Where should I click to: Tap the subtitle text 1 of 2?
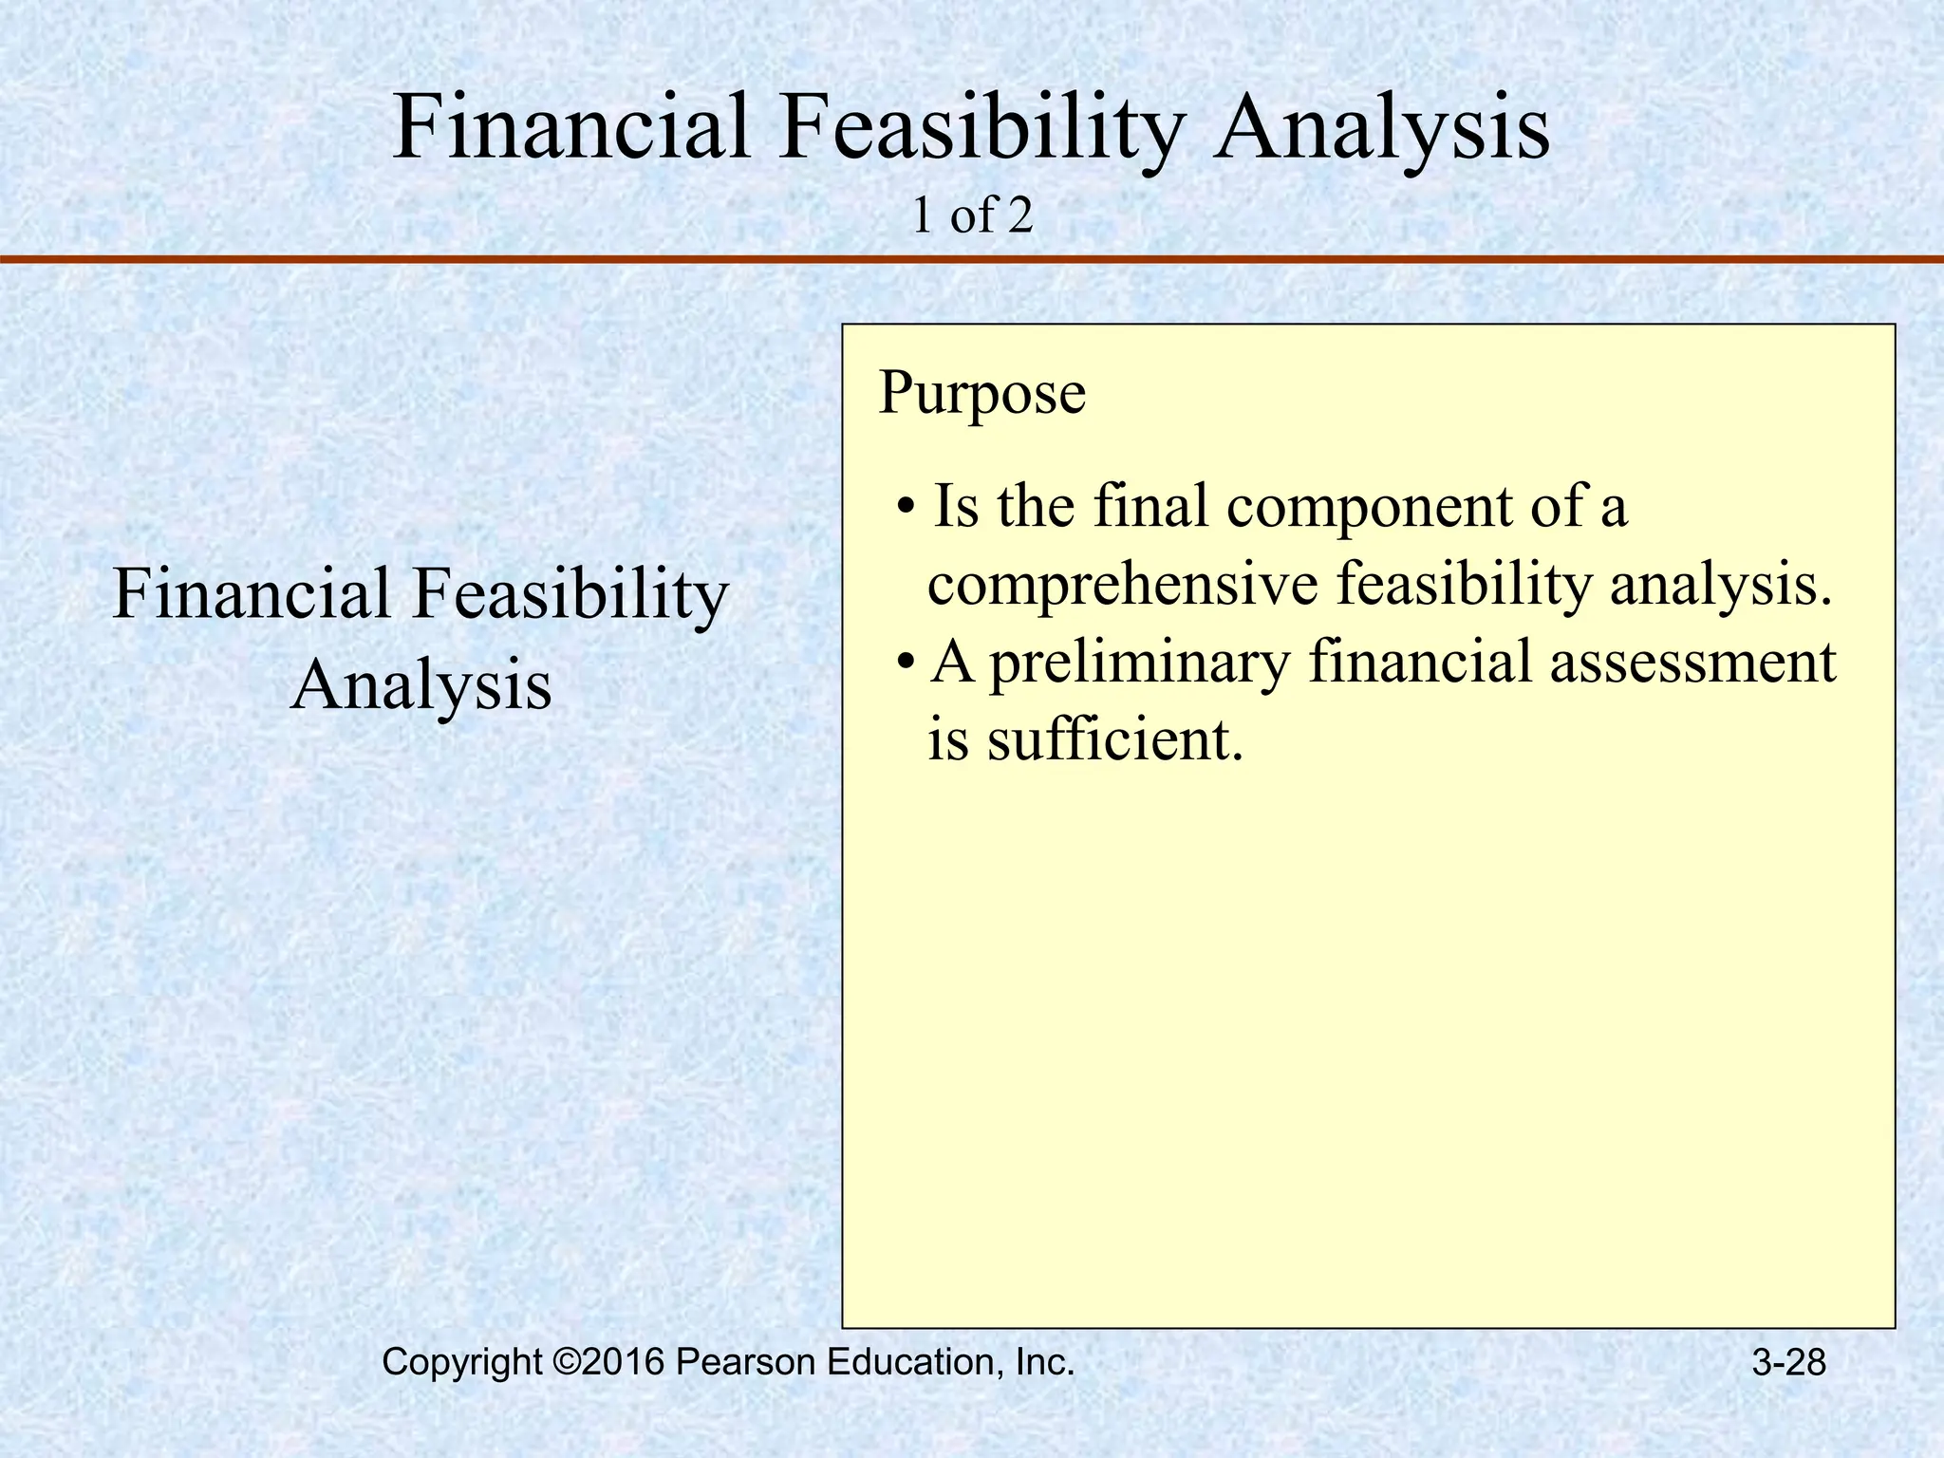[x=971, y=217]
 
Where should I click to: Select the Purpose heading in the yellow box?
[x=981, y=393]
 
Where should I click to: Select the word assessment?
[x=1692, y=662]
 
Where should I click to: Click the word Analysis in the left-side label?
[x=421, y=685]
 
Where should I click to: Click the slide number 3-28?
[x=1788, y=1363]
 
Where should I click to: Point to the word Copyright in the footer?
[x=461, y=1363]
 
